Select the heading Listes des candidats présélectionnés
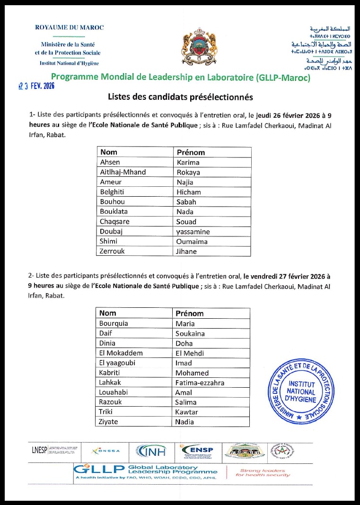coord(180,97)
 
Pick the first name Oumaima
coord(192,242)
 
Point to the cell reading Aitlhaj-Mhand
coord(123,172)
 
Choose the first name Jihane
coord(186,252)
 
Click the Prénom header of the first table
coord(191,152)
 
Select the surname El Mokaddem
coord(121,353)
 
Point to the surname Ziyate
coord(109,422)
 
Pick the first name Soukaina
coord(191,333)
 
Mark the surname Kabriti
coord(110,373)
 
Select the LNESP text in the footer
coord(40,450)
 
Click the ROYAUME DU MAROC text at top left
coord(70,27)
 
